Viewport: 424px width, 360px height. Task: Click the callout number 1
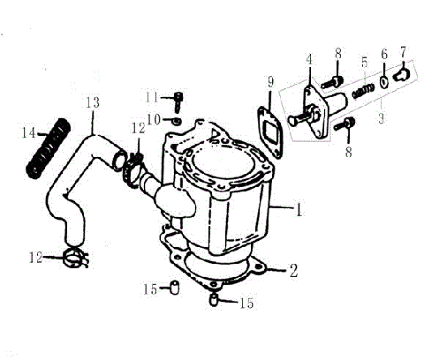[x=299, y=211]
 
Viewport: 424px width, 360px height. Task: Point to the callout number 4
[x=309, y=60]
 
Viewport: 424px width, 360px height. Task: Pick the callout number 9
[x=270, y=82]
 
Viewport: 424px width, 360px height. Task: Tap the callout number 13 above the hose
[x=93, y=102]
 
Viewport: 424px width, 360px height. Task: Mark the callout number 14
[x=28, y=134]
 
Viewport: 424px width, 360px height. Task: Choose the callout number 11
[x=151, y=96]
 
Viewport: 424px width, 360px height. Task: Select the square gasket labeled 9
[x=267, y=124]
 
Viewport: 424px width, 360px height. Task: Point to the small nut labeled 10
[x=176, y=119]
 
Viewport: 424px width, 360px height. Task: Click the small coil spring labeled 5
[x=360, y=90]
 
